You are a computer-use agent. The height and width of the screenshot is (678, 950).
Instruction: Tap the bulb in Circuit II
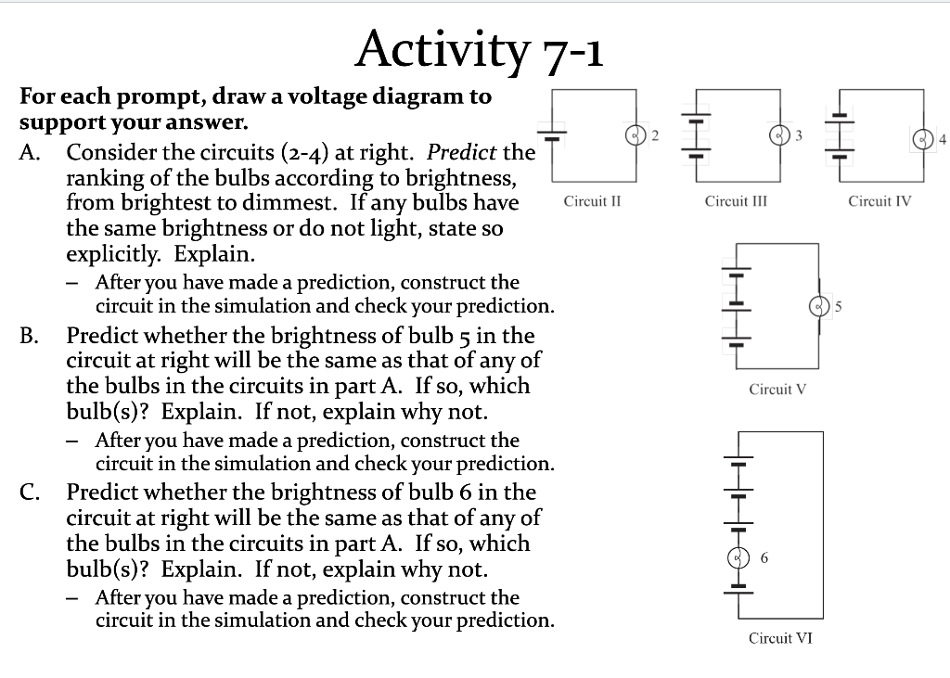[635, 134]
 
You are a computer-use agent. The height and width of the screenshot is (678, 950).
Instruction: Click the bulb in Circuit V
[818, 304]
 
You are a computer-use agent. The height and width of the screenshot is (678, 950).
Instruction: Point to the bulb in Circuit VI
[738, 557]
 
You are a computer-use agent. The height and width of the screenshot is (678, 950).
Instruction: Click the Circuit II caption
[591, 200]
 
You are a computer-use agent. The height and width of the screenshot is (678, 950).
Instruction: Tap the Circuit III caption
[735, 200]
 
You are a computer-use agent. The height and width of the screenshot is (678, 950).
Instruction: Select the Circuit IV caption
[879, 200]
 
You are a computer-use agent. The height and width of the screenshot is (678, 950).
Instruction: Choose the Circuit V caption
[777, 389]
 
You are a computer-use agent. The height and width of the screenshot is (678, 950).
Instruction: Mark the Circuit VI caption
[780, 637]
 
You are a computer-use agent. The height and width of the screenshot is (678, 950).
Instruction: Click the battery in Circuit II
[551, 135]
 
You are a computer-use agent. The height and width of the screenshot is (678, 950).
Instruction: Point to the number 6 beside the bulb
[764, 557]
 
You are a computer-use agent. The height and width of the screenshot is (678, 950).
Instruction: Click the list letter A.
[29, 152]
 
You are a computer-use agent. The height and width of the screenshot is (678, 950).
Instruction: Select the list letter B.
[29, 336]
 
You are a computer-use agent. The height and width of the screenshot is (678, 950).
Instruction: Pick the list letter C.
[29, 493]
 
